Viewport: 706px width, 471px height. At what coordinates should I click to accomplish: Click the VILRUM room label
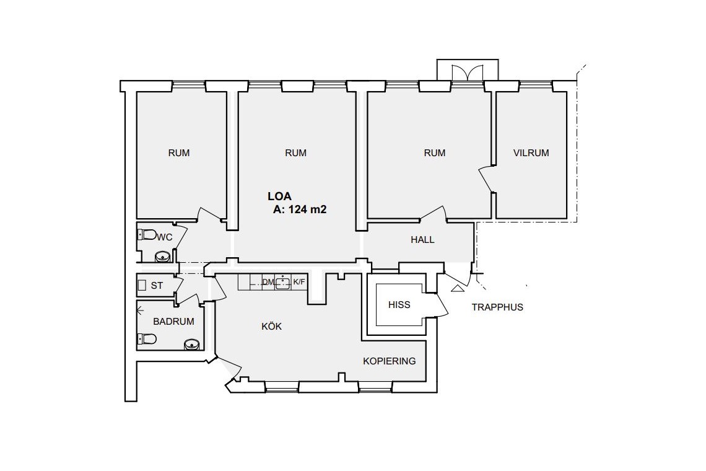(x=531, y=153)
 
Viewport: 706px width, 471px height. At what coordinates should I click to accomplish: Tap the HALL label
(x=422, y=240)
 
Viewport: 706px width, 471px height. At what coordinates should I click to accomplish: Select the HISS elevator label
(x=399, y=305)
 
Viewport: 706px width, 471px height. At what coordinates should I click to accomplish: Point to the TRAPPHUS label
(x=497, y=307)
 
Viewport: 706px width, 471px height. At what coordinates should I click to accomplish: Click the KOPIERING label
(x=390, y=361)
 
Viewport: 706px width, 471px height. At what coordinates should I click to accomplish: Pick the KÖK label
(x=271, y=326)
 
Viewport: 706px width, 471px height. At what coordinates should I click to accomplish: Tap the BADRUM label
(x=173, y=322)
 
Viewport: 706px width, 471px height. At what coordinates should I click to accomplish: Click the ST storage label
(x=157, y=286)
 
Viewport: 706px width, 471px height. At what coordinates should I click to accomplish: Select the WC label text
(x=165, y=237)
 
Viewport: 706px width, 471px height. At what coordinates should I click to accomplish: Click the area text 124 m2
(x=308, y=209)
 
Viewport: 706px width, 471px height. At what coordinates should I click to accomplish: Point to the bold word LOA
(x=279, y=196)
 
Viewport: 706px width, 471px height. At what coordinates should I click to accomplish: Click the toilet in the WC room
(x=147, y=234)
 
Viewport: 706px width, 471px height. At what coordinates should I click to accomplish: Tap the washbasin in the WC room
(x=162, y=257)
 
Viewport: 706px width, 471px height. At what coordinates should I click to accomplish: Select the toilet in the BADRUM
(x=147, y=338)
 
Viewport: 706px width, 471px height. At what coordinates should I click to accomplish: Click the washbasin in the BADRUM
(x=192, y=345)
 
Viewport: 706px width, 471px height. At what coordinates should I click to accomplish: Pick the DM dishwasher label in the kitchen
(x=268, y=282)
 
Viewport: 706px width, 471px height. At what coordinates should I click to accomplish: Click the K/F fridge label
(x=299, y=282)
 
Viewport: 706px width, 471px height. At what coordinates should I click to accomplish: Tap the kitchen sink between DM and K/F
(x=283, y=282)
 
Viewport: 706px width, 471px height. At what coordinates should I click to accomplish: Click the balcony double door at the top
(x=468, y=73)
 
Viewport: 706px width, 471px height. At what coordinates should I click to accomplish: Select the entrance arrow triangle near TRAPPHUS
(x=456, y=288)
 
